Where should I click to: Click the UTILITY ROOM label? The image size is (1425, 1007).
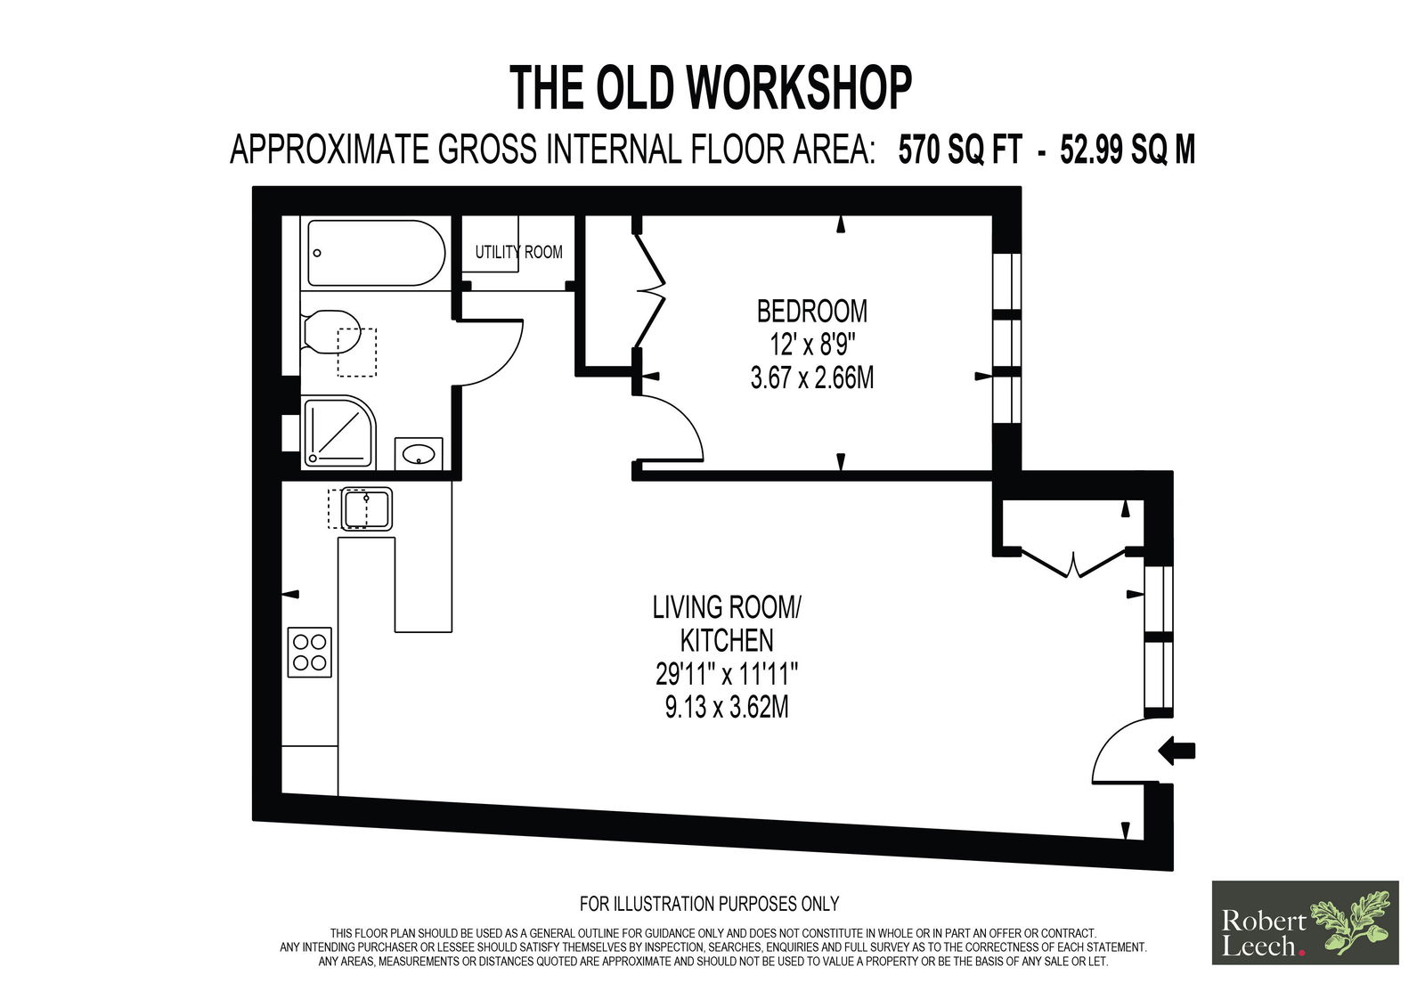point(518,253)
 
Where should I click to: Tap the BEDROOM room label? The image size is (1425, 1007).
point(811,312)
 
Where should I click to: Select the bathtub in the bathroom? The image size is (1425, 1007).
point(376,253)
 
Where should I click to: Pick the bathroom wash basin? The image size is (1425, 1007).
point(419,453)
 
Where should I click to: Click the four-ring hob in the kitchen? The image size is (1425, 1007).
point(310,652)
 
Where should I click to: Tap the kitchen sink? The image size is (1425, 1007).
point(366,508)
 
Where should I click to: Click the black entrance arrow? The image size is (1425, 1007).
point(1177,751)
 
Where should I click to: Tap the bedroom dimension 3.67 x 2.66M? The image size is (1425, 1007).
point(811,378)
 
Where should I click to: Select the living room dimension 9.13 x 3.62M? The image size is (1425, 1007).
point(727,707)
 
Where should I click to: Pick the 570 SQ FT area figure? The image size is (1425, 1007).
point(960,151)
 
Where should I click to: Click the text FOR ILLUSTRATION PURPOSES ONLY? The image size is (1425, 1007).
point(709,904)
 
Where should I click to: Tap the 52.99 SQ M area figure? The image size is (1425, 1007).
point(1128,151)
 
